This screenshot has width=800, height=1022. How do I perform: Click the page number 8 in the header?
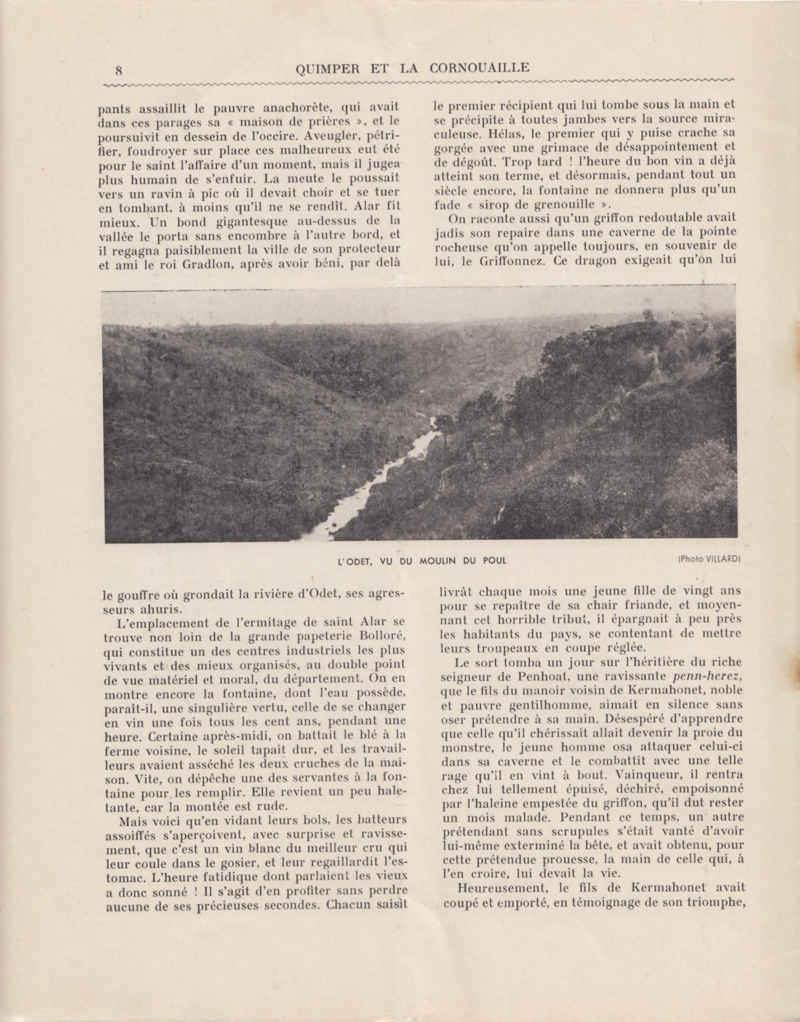(119, 70)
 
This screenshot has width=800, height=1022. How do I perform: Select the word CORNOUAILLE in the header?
(479, 68)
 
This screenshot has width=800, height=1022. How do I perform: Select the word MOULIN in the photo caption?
(444, 561)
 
